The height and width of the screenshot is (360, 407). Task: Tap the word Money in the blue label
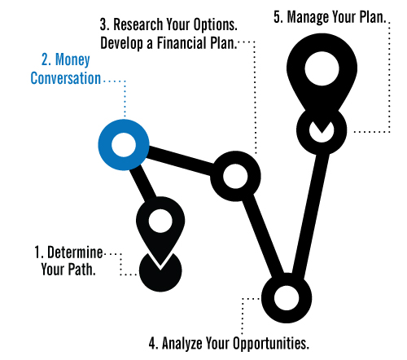point(72,60)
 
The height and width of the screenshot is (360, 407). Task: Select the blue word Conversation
point(66,78)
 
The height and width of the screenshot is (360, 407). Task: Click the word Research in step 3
point(138,24)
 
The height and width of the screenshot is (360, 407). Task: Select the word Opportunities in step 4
point(271,344)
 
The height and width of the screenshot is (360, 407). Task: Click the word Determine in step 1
point(75,252)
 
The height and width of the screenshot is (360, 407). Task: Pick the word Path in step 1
point(81,270)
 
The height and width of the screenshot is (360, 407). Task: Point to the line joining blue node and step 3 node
point(181,160)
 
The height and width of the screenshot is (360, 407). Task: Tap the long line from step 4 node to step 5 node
point(311,214)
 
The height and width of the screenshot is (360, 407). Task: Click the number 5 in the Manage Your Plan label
point(278,18)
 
